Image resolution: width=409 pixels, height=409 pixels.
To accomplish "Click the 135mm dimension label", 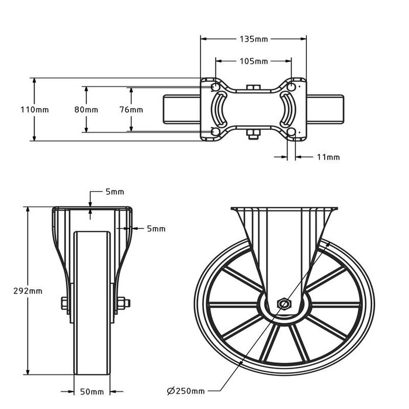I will tap(254, 39).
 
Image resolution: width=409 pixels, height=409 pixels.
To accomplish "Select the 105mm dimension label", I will tap(254, 61).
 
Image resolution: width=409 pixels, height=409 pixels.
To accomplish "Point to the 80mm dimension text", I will tap(86, 109).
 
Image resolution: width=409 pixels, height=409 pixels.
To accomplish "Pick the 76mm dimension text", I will tap(131, 109).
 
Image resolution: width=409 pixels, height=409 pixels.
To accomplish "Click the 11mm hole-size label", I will tap(328, 157).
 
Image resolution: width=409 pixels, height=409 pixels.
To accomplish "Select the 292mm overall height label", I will tap(27, 290).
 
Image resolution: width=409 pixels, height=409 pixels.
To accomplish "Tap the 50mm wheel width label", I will tap(93, 392).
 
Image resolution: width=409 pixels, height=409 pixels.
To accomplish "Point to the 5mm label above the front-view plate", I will tap(115, 192).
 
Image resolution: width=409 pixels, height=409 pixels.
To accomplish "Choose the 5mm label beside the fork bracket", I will tap(156, 228).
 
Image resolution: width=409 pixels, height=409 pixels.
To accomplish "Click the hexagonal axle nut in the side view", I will tap(283, 304).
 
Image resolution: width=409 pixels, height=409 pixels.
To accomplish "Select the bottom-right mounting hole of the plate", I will tap(293, 132).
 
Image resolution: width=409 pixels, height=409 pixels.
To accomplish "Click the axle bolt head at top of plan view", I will tap(253, 88).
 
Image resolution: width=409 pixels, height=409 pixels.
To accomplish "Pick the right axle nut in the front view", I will tap(123, 303).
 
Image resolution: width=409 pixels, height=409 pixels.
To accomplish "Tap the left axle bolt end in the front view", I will tap(63, 303).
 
